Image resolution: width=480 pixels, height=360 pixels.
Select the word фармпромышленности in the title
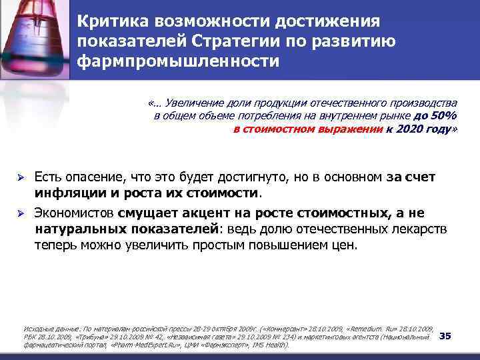pyautogui.click(x=177, y=62)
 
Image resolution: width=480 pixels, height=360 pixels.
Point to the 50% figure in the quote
pyautogui.click(x=440, y=116)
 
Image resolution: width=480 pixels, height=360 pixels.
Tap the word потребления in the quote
pyautogui.click(x=247, y=116)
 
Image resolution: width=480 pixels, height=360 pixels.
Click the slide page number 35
pyautogui.click(x=445, y=335)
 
